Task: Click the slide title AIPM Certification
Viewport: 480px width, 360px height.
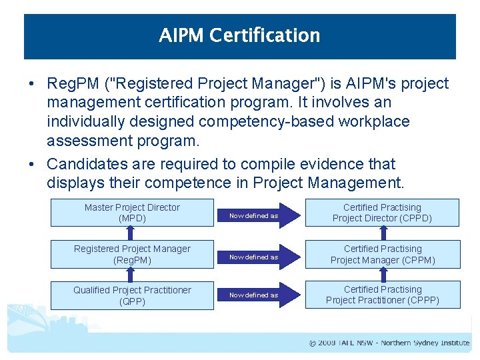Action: [239, 35]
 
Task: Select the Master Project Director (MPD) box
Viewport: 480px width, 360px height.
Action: [132, 213]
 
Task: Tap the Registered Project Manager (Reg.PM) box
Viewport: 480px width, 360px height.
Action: [132, 254]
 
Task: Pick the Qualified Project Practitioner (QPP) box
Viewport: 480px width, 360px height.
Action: [132, 295]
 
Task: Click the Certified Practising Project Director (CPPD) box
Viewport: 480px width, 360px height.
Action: [382, 213]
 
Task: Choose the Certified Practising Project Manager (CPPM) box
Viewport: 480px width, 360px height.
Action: [382, 254]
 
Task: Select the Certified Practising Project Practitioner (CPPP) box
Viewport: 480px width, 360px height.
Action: [382, 295]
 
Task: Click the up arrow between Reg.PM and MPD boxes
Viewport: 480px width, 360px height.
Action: [132, 233]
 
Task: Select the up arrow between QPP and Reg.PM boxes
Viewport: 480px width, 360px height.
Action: [132, 275]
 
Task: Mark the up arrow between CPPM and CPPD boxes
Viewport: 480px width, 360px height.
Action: [383, 233]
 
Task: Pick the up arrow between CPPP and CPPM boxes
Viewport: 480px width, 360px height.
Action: [383, 275]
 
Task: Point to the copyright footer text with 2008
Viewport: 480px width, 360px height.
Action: [389, 343]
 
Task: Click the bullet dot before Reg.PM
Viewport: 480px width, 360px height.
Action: [32, 84]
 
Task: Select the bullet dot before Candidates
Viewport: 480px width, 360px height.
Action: [32, 164]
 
